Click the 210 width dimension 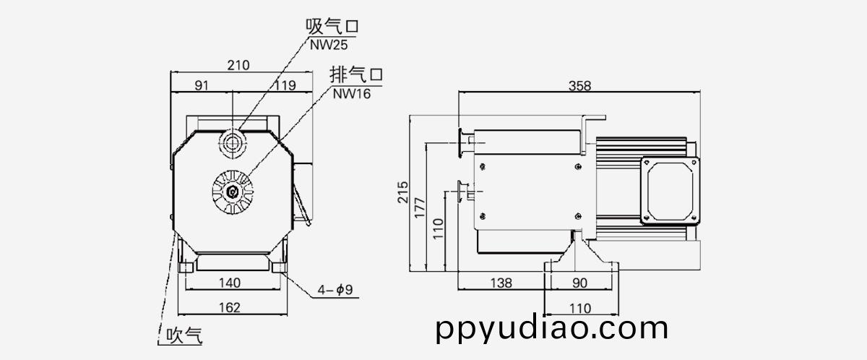(238, 65)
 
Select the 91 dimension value (202, 85)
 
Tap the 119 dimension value (285, 85)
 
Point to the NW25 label (330, 44)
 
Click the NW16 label (351, 93)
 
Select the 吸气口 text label (332, 27)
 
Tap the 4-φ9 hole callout (333, 291)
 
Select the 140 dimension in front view (229, 282)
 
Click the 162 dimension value (229, 308)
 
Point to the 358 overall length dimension (579, 85)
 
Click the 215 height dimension (403, 192)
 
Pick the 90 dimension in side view (580, 283)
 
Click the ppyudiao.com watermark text (553, 329)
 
